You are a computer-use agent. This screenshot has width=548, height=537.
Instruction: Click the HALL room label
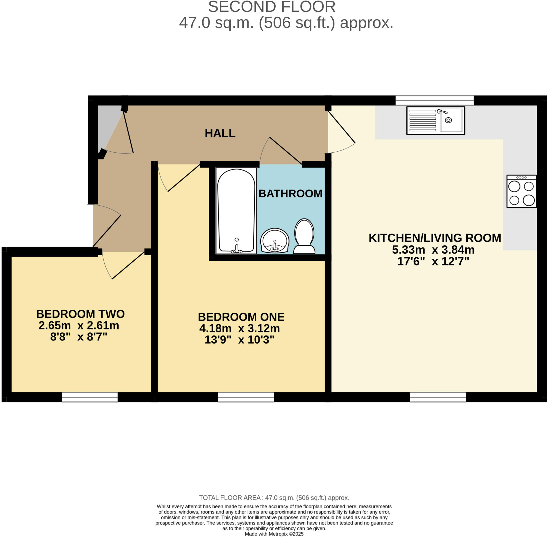(x=220, y=133)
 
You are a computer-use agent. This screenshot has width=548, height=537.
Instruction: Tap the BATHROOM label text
(x=290, y=194)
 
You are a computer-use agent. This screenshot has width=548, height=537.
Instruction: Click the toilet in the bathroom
(x=304, y=236)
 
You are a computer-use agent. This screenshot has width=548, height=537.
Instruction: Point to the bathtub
(x=236, y=210)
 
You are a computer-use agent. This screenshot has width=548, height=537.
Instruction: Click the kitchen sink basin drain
(x=448, y=121)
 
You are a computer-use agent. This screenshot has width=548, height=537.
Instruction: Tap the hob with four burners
(x=521, y=191)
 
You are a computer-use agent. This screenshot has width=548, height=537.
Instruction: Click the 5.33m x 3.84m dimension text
(x=433, y=250)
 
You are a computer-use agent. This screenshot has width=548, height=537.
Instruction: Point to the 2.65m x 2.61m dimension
(x=79, y=326)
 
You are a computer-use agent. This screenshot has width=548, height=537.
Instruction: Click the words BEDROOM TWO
(x=80, y=314)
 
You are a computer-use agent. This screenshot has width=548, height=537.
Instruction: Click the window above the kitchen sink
(x=435, y=100)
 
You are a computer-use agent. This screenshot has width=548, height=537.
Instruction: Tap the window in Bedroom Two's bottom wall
(x=90, y=397)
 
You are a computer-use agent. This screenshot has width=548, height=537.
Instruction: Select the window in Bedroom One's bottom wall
(x=246, y=397)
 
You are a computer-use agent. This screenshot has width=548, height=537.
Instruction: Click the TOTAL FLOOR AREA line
(x=274, y=498)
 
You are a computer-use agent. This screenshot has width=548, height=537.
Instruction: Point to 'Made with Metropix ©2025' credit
(x=274, y=534)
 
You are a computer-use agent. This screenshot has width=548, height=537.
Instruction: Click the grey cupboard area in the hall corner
(x=108, y=124)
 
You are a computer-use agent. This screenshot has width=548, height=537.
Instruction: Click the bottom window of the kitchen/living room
(x=438, y=397)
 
